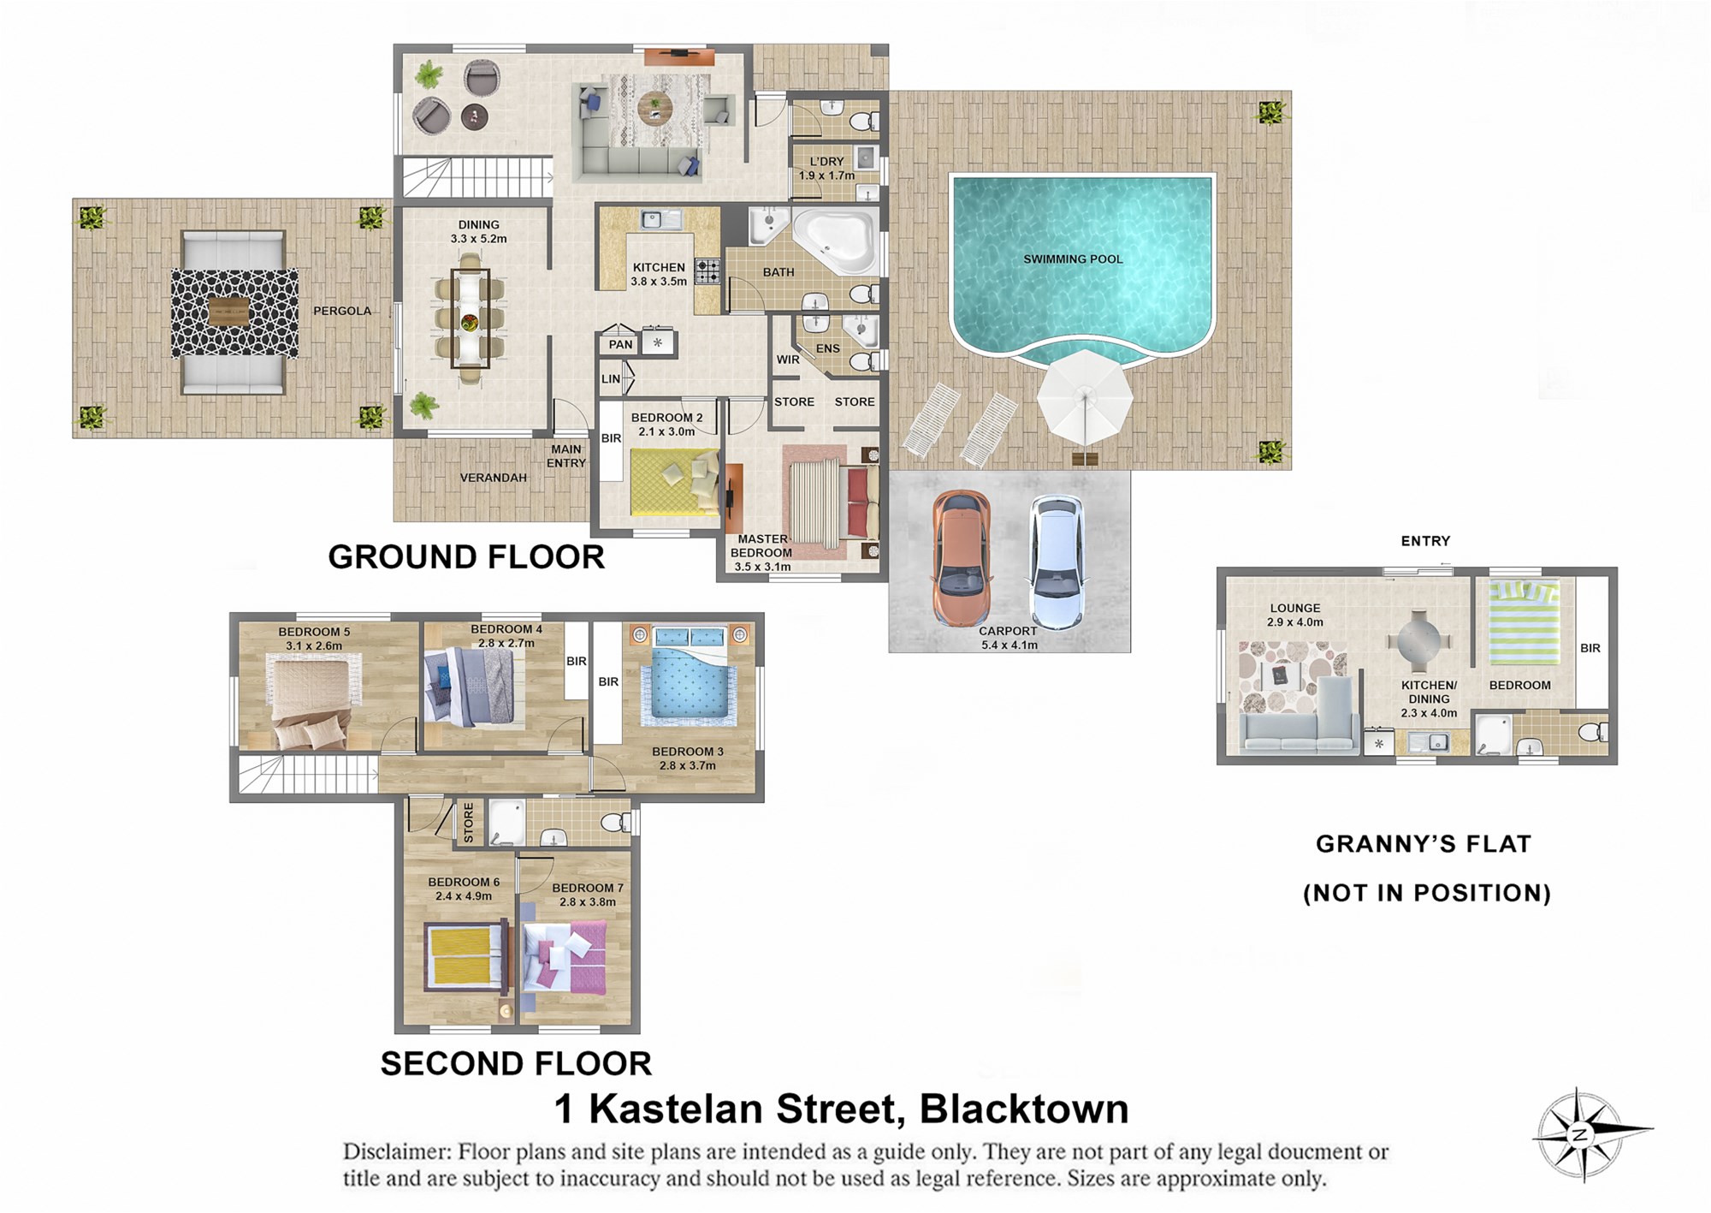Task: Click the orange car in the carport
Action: tap(962, 559)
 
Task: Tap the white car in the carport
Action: tap(1057, 562)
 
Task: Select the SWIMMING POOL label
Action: tap(1073, 259)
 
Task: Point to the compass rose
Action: tap(1581, 1135)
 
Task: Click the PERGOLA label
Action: tap(342, 311)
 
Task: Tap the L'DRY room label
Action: tap(826, 161)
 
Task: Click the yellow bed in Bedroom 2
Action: tap(674, 482)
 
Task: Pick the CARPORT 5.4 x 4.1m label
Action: tap(1009, 638)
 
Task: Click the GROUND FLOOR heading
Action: tap(466, 557)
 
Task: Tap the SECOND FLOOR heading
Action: tap(516, 1064)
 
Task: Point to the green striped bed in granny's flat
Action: tap(1525, 622)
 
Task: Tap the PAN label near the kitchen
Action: tap(620, 345)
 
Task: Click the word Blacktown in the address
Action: tap(1024, 1109)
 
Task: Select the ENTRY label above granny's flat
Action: tap(1425, 541)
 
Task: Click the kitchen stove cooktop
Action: tap(707, 272)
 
